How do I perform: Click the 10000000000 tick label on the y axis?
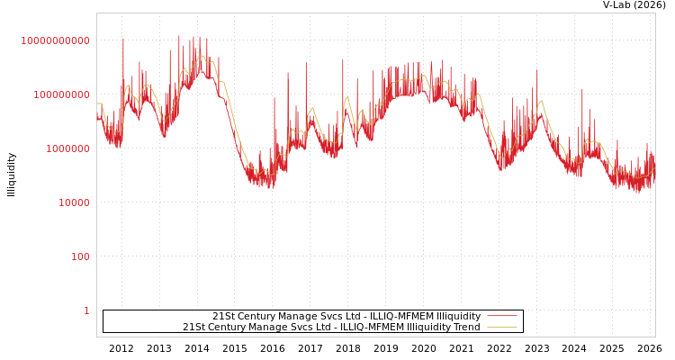click(x=56, y=40)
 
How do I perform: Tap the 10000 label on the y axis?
click(x=74, y=202)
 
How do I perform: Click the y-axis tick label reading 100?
click(x=81, y=256)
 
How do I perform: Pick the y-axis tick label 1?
click(x=86, y=310)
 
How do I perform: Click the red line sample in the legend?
click(x=501, y=316)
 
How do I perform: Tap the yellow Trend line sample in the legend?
click(x=501, y=327)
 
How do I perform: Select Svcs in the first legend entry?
click(x=328, y=316)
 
